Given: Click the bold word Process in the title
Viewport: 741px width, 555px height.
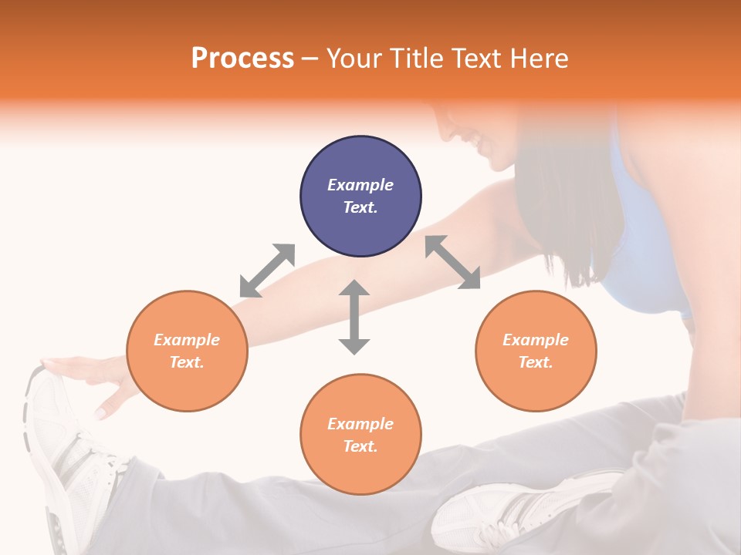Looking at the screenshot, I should (242, 58).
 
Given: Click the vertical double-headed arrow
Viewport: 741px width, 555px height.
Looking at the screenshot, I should (354, 317).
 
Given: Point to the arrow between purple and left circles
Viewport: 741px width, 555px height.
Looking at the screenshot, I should (267, 271).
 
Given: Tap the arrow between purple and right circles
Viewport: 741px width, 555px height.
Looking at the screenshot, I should (453, 262).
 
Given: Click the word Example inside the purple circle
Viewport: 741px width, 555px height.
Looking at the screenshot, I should (360, 185).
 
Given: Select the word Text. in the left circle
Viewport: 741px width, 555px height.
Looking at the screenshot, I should (187, 362).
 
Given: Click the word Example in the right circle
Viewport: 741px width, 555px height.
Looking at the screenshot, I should (536, 340).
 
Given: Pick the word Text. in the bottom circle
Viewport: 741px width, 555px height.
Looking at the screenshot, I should (360, 446).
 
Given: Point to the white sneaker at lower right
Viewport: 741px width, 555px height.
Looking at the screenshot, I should (517, 509).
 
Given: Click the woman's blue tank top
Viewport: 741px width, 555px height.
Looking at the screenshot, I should (641, 254).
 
